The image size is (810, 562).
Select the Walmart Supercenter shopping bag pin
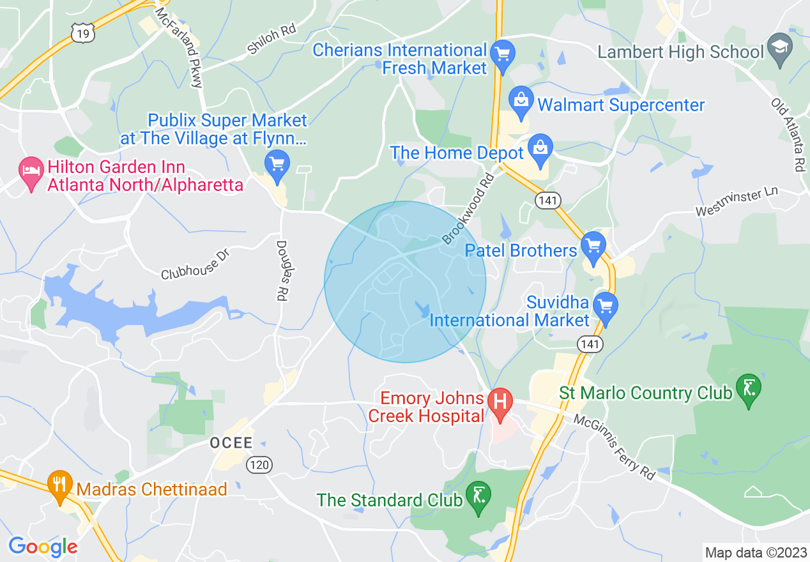[x=521, y=102]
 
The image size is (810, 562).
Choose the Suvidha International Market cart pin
[x=604, y=307]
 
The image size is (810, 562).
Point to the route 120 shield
[x=259, y=464]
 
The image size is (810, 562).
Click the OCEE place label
[x=231, y=443]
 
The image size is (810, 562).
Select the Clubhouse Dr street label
[x=194, y=263]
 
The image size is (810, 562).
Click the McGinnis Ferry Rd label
[x=614, y=447]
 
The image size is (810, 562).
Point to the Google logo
[x=43, y=547]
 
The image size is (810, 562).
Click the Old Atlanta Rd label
[x=788, y=135]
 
